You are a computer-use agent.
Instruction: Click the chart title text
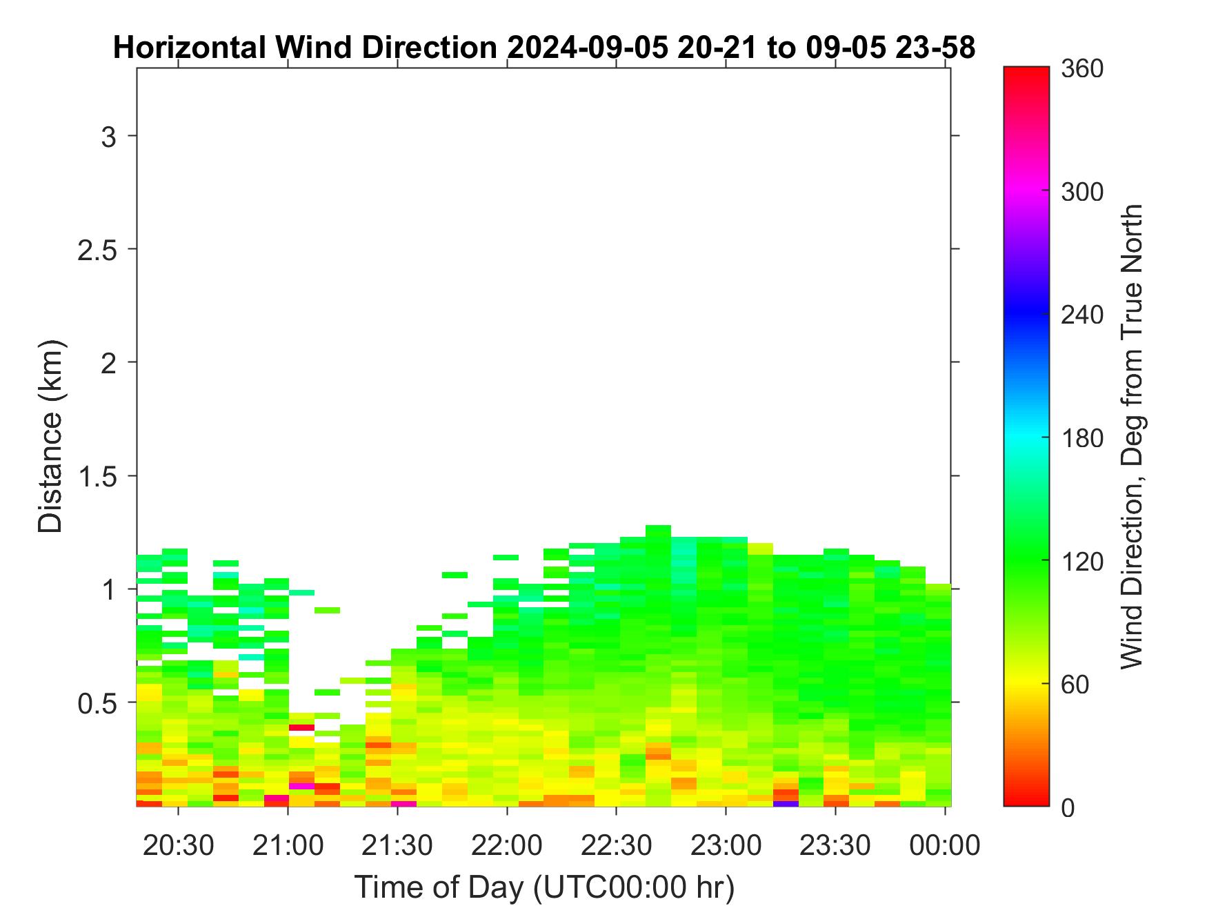coord(543,48)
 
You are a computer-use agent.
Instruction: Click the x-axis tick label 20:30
coord(178,845)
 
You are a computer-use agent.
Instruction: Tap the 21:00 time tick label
coord(288,845)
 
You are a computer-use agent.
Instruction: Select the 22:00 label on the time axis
coord(507,845)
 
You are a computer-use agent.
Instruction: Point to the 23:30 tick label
coord(835,845)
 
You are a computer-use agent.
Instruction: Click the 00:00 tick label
coord(945,845)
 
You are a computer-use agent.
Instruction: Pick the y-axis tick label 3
coord(109,137)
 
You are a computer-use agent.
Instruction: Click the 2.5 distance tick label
coord(97,250)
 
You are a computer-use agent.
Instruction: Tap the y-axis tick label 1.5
coord(97,477)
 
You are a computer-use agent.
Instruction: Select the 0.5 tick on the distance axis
coord(97,703)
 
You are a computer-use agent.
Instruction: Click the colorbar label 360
coord(1083,69)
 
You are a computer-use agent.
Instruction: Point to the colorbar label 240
coord(1083,315)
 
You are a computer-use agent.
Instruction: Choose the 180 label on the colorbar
coord(1083,437)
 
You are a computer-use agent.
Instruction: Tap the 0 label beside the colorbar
coord(1068,807)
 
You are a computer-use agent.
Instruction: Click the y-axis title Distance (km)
coord(50,436)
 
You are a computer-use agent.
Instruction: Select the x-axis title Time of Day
coord(544,887)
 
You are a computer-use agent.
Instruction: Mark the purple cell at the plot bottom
coord(786,803)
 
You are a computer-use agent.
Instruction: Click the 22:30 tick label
coord(617,845)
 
